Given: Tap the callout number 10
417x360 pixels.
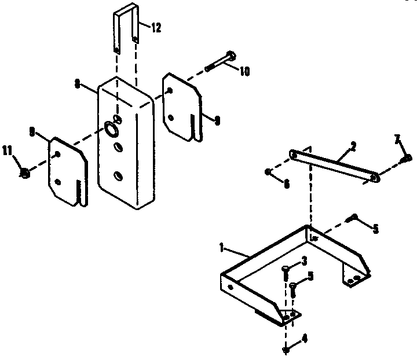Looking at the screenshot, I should (x=244, y=71).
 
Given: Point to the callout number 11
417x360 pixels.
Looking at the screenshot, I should (x=8, y=151).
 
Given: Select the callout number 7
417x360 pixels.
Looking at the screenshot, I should (x=397, y=139).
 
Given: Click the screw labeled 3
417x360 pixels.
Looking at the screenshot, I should (x=286, y=271).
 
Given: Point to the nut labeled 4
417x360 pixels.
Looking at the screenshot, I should (x=287, y=349).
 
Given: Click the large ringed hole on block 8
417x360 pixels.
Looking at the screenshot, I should (x=111, y=128).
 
